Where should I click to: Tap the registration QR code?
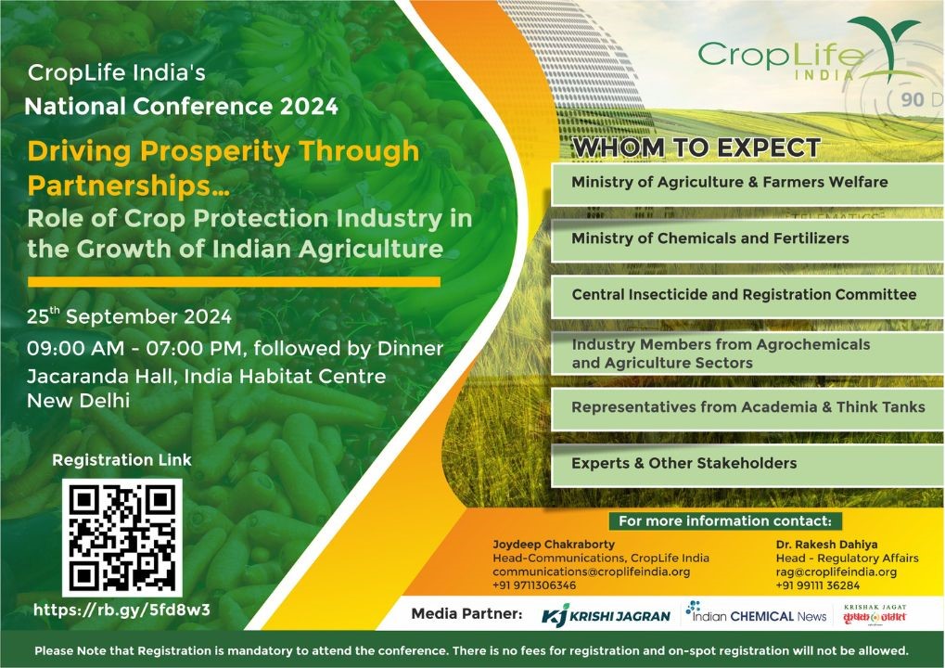click(x=122, y=537)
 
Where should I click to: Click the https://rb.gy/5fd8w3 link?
click(x=122, y=610)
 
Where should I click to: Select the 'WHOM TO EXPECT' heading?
click(x=696, y=148)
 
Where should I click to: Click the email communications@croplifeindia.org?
click(x=591, y=572)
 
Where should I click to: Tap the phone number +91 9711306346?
click(x=534, y=585)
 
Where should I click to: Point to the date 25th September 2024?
click(x=130, y=316)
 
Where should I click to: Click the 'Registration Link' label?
click(x=121, y=460)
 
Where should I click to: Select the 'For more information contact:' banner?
click(x=724, y=521)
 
